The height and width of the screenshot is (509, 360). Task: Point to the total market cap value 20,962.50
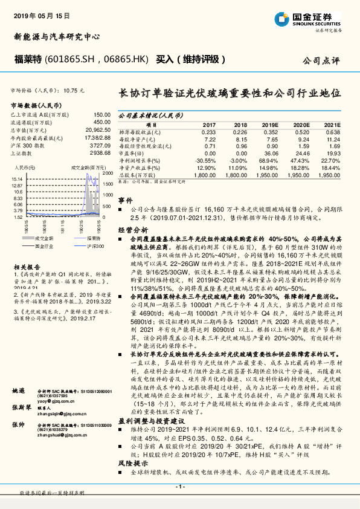point(98,130)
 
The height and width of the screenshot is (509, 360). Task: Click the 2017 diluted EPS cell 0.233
point(208,131)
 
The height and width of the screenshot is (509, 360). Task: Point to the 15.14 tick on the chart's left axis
point(18,180)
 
